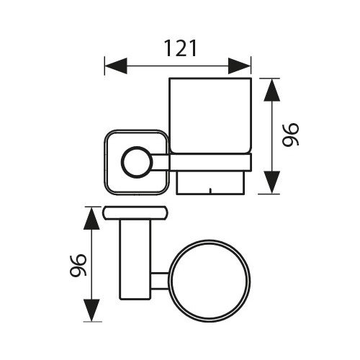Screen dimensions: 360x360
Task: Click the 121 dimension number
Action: (x=180, y=48)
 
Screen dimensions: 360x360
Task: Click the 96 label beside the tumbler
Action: (x=290, y=135)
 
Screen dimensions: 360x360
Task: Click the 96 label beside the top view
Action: (x=78, y=266)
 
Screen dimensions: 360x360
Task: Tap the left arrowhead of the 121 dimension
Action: (x=116, y=66)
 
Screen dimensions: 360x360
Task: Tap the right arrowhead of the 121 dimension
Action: (x=239, y=66)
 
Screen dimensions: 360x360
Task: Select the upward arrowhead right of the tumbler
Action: (x=272, y=90)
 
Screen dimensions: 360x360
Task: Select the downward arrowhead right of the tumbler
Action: (x=272, y=182)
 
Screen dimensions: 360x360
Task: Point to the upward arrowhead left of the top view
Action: (x=91, y=219)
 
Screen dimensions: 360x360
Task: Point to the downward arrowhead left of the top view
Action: (x=91, y=310)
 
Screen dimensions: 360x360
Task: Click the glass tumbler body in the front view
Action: (x=210, y=115)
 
